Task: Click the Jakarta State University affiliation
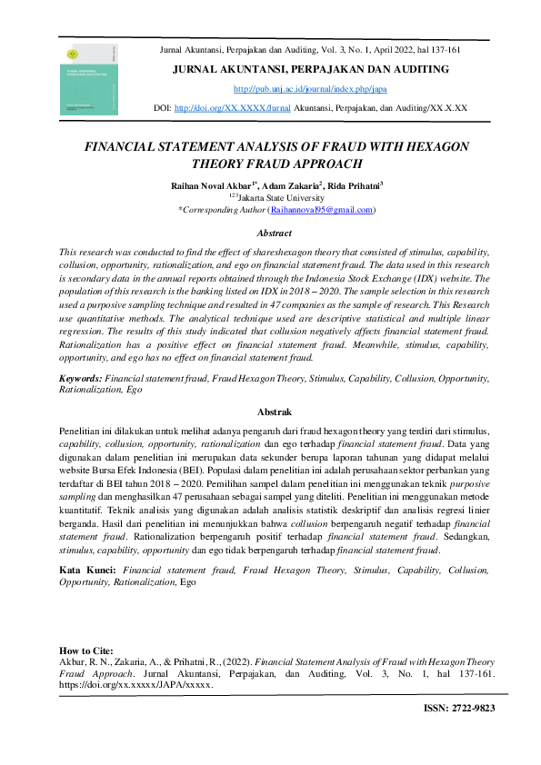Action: [278, 196]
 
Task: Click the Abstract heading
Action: [275, 233]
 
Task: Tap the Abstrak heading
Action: [275, 412]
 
